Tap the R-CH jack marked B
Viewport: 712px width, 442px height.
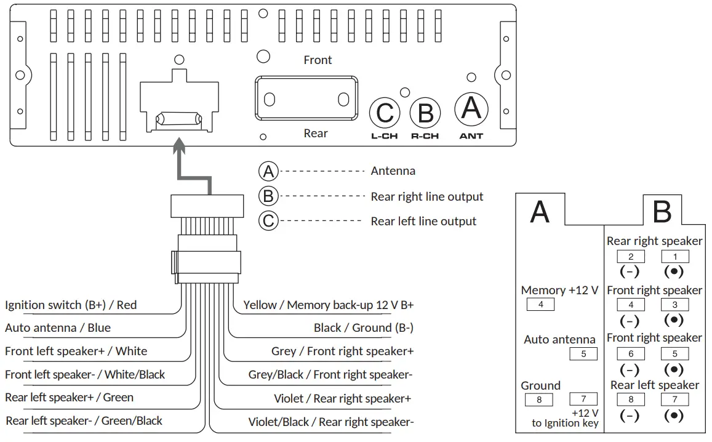click(x=425, y=113)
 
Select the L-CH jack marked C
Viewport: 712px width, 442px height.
click(x=385, y=113)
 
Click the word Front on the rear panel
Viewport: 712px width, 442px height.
click(x=318, y=60)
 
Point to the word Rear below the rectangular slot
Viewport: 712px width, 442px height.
click(x=316, y=134)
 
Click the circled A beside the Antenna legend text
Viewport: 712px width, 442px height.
click(x=268, y=171)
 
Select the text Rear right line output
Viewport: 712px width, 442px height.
click(x=426, y=197)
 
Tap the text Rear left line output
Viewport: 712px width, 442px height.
click(x=423, y=221)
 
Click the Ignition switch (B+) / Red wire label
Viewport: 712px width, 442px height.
click(x=71, y=305)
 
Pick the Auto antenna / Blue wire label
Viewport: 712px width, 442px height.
click(x=58, y=328)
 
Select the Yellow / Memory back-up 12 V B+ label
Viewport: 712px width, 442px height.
click(x=328, y=305)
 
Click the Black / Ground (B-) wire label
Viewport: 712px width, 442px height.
click(x=363, y=328)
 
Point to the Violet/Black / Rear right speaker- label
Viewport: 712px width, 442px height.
click(x=330, y=422)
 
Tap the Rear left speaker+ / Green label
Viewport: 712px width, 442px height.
click(x=69, y=398)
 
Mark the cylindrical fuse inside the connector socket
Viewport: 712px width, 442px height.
click(x=179, y=118)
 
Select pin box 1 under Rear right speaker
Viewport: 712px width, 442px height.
click(x=674, y=257)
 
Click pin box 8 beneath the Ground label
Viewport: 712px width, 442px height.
click(x=539, y=400)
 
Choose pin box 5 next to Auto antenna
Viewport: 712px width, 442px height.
click(x=583, y=354)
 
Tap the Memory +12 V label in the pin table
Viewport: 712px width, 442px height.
click(x=559, y=291)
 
